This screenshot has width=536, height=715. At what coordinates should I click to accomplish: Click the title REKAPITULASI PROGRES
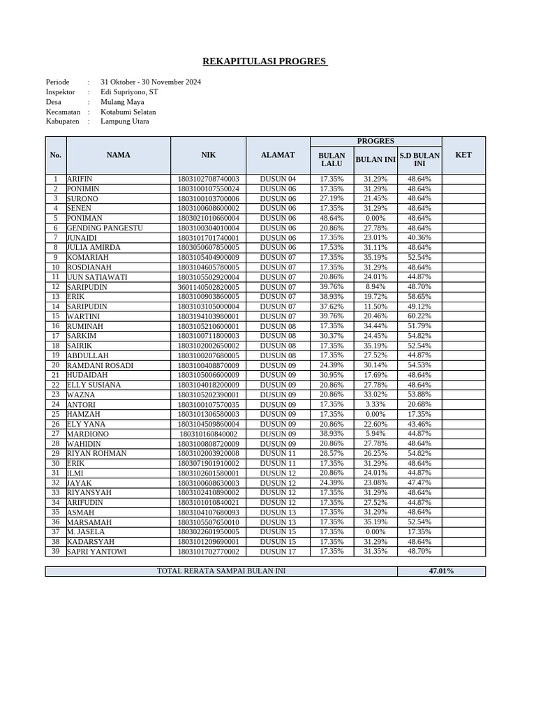click(x=265, y=61)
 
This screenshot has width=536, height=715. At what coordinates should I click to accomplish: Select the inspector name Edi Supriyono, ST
click(x=129, y=91)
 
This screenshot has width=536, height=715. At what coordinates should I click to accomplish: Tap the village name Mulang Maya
click(x=122, y=102)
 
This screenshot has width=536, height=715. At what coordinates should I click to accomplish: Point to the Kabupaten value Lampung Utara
click(x=124, y=121)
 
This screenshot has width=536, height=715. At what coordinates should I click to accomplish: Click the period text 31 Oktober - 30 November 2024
click(x=150, y=82)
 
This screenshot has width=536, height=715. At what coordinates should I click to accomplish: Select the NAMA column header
click(x=118, y=155)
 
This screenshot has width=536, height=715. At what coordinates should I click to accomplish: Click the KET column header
click(x=463, y=155)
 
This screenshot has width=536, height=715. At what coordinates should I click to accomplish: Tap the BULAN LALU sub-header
click(x=332, y=160)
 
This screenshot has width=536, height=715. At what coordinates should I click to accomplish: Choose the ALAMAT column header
click(x=278, y=155)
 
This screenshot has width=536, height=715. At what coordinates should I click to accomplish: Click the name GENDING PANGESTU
click(x=105, y=228)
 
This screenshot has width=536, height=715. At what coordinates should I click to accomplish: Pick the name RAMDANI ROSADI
click(x=100, y=365)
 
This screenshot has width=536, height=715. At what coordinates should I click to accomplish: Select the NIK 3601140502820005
click(x=208, y=287)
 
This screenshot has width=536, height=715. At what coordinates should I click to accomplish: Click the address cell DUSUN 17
click(x=278, y=552)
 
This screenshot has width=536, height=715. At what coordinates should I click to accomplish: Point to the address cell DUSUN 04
click(x=278, y=179)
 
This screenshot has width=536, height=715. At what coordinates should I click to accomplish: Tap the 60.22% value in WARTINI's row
click(x=419, y=316)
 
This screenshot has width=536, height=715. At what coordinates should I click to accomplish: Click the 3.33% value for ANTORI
click(x=375, y=404)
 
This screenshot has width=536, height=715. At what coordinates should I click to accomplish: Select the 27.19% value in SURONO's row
click(x=332, y=199)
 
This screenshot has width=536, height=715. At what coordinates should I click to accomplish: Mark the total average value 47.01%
click(x=441, y=571)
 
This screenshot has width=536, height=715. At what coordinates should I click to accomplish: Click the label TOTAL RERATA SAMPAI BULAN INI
click(x=221, y=571)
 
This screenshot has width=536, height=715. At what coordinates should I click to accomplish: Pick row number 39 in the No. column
click(x=55, y=552)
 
